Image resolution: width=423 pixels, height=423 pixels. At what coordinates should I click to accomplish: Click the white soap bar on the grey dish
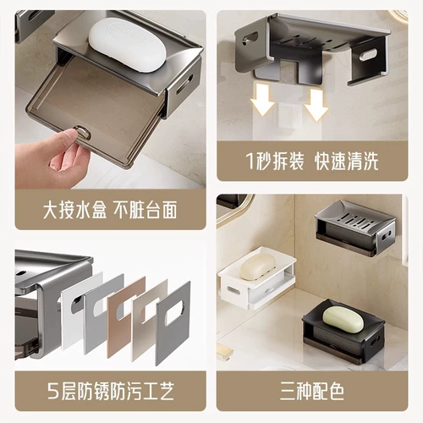coord(128,45)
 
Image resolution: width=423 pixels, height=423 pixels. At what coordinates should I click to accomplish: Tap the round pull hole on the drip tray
coord(83,132)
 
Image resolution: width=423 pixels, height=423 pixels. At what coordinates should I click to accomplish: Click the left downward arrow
coord(262,99)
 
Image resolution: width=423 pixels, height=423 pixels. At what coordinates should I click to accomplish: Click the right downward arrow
coord(316,104)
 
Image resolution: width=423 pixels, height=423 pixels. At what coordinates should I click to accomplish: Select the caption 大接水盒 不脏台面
coord(110,210)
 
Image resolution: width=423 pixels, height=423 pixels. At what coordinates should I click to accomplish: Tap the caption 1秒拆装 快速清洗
coord(312,162)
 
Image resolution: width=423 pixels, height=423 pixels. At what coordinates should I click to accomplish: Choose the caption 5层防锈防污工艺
coord(111,391)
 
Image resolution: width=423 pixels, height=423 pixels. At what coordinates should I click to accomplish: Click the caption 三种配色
coord(312,391)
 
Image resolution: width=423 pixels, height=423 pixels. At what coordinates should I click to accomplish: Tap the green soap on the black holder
coord(343,320)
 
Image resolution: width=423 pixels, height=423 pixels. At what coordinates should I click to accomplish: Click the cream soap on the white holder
coord(257,266)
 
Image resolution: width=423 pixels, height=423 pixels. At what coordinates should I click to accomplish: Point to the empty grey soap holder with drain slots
coord(356,230)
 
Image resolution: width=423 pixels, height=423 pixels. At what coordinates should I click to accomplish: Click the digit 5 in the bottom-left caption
coord(52,392)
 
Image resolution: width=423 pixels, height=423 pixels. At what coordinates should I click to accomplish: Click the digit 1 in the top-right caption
coord(250,162)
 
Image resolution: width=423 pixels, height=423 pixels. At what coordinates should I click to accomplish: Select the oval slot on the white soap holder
coord(233,290)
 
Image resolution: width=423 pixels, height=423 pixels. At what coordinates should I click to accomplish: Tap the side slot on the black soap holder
coord(375,342)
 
